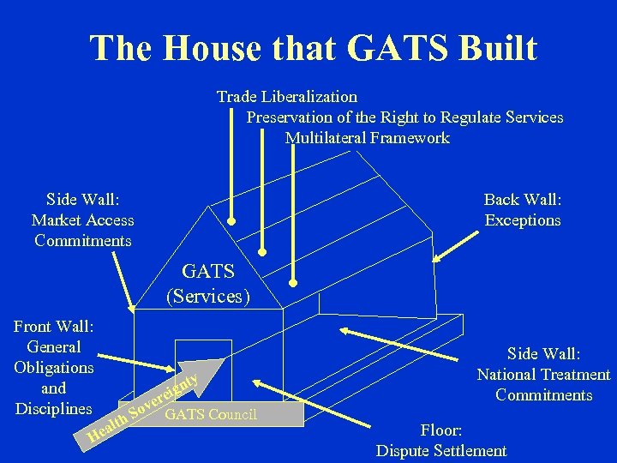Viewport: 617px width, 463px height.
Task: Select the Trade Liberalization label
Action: pos(287,96)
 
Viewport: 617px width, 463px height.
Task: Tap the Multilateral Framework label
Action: pos(367,138)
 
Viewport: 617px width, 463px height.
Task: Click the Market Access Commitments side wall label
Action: pos(83,220)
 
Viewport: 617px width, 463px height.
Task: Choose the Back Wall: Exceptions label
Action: pos(522,210)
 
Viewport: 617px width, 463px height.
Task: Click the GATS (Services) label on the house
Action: pos(208,285)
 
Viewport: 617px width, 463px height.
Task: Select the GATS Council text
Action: pos(210,415)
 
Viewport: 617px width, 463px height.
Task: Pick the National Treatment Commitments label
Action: pos(543,375)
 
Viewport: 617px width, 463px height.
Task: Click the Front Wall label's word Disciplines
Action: pos(53,408)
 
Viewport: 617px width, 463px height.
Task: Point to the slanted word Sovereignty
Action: pos(164,397)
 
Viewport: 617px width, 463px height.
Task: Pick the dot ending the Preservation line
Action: pos(263,252)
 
